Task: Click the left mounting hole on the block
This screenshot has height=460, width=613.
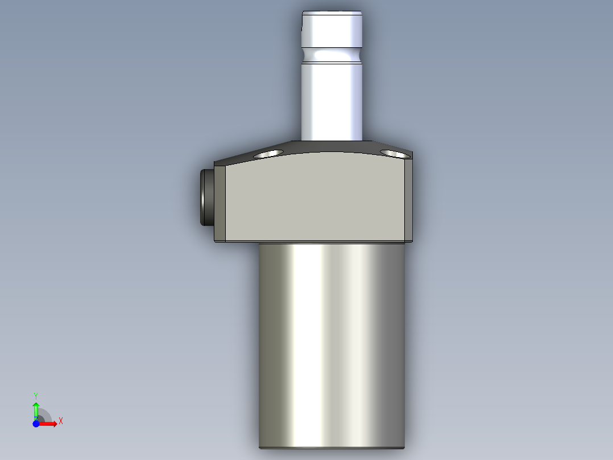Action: point(268,154)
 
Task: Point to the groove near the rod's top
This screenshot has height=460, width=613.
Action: point(332,55)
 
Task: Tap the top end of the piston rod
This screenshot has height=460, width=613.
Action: point(332,13)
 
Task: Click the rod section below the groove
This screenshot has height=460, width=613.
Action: point(332,100)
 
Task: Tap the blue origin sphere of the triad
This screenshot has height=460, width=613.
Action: point(36,424)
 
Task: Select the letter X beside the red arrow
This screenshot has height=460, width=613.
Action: point(61,421)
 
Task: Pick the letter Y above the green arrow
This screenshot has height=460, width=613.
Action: point(36,396)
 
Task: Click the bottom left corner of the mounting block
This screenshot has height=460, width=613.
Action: point(216,240)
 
